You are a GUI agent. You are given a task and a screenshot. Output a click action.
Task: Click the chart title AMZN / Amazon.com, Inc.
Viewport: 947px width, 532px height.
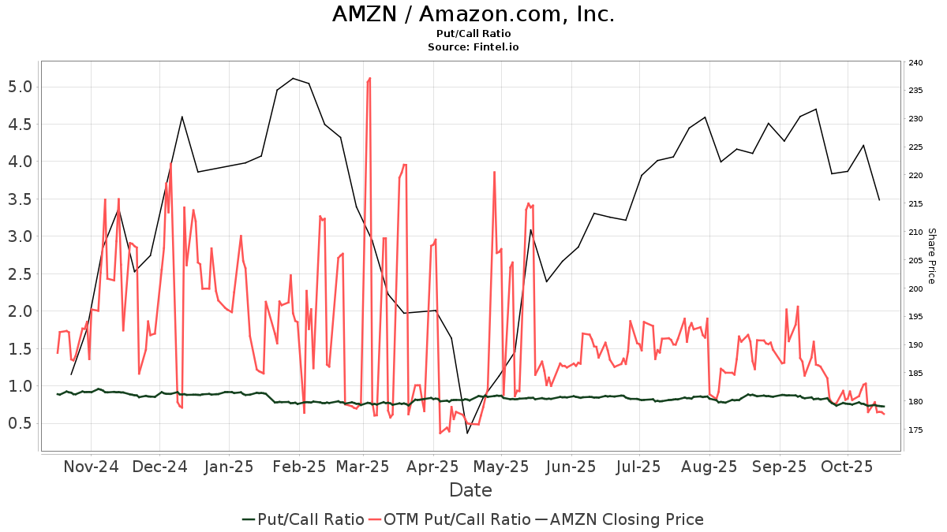coord(473,14)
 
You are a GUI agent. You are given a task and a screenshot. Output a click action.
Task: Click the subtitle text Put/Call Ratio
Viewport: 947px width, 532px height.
coord(473,34)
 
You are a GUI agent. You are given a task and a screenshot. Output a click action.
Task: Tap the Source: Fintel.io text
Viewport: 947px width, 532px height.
coord(473,47)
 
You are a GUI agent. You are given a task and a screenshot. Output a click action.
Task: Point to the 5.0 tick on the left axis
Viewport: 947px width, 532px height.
coord(21,87)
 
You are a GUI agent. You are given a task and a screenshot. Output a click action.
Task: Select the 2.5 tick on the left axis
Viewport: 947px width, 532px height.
coord(21,273)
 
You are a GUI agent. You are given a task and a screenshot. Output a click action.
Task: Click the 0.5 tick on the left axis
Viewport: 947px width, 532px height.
coord(21,423)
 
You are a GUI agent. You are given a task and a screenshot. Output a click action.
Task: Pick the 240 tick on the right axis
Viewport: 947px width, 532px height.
coord(915,62)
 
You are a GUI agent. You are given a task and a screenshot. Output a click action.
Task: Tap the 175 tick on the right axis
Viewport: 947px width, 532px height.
coord(915,430)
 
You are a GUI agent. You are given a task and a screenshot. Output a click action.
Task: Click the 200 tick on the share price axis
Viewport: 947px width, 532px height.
coord(915,289)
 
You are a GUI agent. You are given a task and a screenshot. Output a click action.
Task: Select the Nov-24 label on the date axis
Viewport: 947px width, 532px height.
coord(91,467)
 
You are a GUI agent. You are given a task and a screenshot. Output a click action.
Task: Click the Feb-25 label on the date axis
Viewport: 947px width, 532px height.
coord(298,467)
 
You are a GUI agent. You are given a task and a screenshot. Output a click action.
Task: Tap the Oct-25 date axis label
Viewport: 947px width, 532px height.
coord(846,467)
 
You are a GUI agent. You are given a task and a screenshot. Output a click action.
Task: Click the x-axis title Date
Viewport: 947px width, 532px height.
coord(470,490)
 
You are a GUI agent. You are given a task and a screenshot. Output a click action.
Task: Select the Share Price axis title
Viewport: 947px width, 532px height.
coord(931,256)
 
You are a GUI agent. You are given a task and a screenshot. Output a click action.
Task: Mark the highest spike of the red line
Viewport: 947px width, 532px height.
coord(369,78)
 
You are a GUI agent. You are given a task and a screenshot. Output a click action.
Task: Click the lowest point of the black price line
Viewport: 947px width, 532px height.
coord(467,433)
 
